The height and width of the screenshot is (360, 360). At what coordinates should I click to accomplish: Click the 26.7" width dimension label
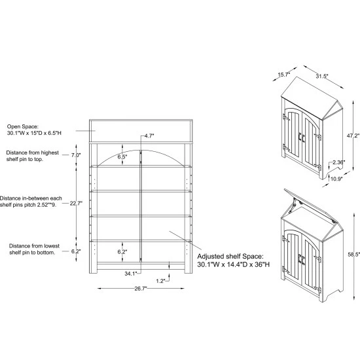tap(141, 289)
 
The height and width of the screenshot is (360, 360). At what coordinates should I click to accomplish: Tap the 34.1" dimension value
tap(131, 274)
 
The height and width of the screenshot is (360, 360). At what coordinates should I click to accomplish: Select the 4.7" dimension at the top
tap(149, 135)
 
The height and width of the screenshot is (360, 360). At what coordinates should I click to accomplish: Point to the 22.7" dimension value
tap(76, 203)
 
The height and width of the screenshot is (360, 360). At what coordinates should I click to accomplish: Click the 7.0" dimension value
tap(76, 155)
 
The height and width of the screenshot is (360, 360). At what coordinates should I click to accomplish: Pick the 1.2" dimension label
tap(161, 281)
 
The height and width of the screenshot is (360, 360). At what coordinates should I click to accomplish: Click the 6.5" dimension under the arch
tap(122, 157)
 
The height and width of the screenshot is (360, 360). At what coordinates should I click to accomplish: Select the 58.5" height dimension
tap(354, 255)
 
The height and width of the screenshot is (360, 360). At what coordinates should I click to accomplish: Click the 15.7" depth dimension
tap(284, 75)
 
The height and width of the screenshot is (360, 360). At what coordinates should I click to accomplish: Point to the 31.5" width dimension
tap(322, 76)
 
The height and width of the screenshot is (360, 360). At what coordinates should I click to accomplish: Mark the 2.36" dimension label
tap(339, 162)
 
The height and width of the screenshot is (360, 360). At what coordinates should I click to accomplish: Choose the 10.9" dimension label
tap(336, 179)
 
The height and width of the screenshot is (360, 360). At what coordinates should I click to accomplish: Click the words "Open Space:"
tap(23, 126)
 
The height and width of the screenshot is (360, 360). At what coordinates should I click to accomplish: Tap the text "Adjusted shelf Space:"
tap(230, 256)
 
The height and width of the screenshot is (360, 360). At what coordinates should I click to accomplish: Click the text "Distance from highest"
tap(32, 153)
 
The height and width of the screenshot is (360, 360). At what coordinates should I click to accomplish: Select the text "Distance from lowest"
tap(34, 246)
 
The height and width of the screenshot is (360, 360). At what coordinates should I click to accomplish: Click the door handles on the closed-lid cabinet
tap(302, 137)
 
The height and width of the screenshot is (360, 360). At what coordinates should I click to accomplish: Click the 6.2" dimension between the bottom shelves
tap(122, 252)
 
